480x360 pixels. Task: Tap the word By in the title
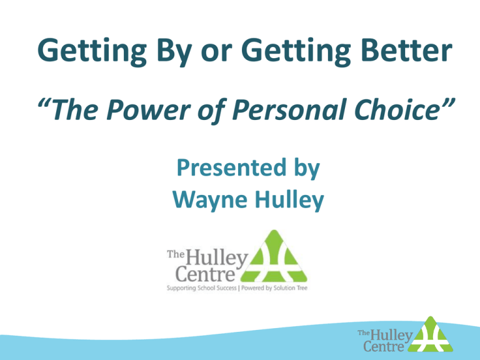174,52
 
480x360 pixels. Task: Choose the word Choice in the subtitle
397,109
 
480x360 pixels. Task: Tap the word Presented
231,168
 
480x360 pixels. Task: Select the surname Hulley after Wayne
289,201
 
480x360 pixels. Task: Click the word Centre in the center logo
205,273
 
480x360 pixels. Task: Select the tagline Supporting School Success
202,287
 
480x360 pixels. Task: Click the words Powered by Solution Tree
274,287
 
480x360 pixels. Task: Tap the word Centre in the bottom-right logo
384,346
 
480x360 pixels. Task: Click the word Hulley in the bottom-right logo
392,336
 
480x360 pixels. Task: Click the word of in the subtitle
212,111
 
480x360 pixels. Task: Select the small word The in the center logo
176,254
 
